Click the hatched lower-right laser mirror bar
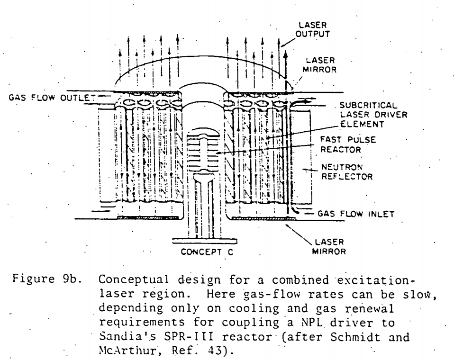(263, 218)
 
